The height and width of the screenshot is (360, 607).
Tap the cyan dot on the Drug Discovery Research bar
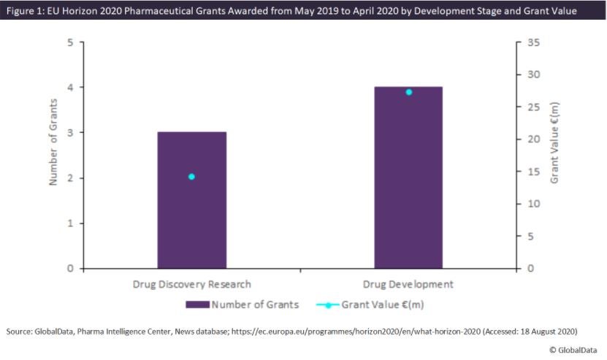191,177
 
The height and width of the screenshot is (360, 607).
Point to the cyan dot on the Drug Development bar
408,92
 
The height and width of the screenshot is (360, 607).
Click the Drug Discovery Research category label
191,284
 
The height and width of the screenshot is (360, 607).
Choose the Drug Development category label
408,284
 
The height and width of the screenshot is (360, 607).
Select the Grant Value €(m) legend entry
378,304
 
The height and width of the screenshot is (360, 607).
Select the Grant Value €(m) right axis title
555,142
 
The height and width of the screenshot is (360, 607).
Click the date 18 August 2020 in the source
542,332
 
